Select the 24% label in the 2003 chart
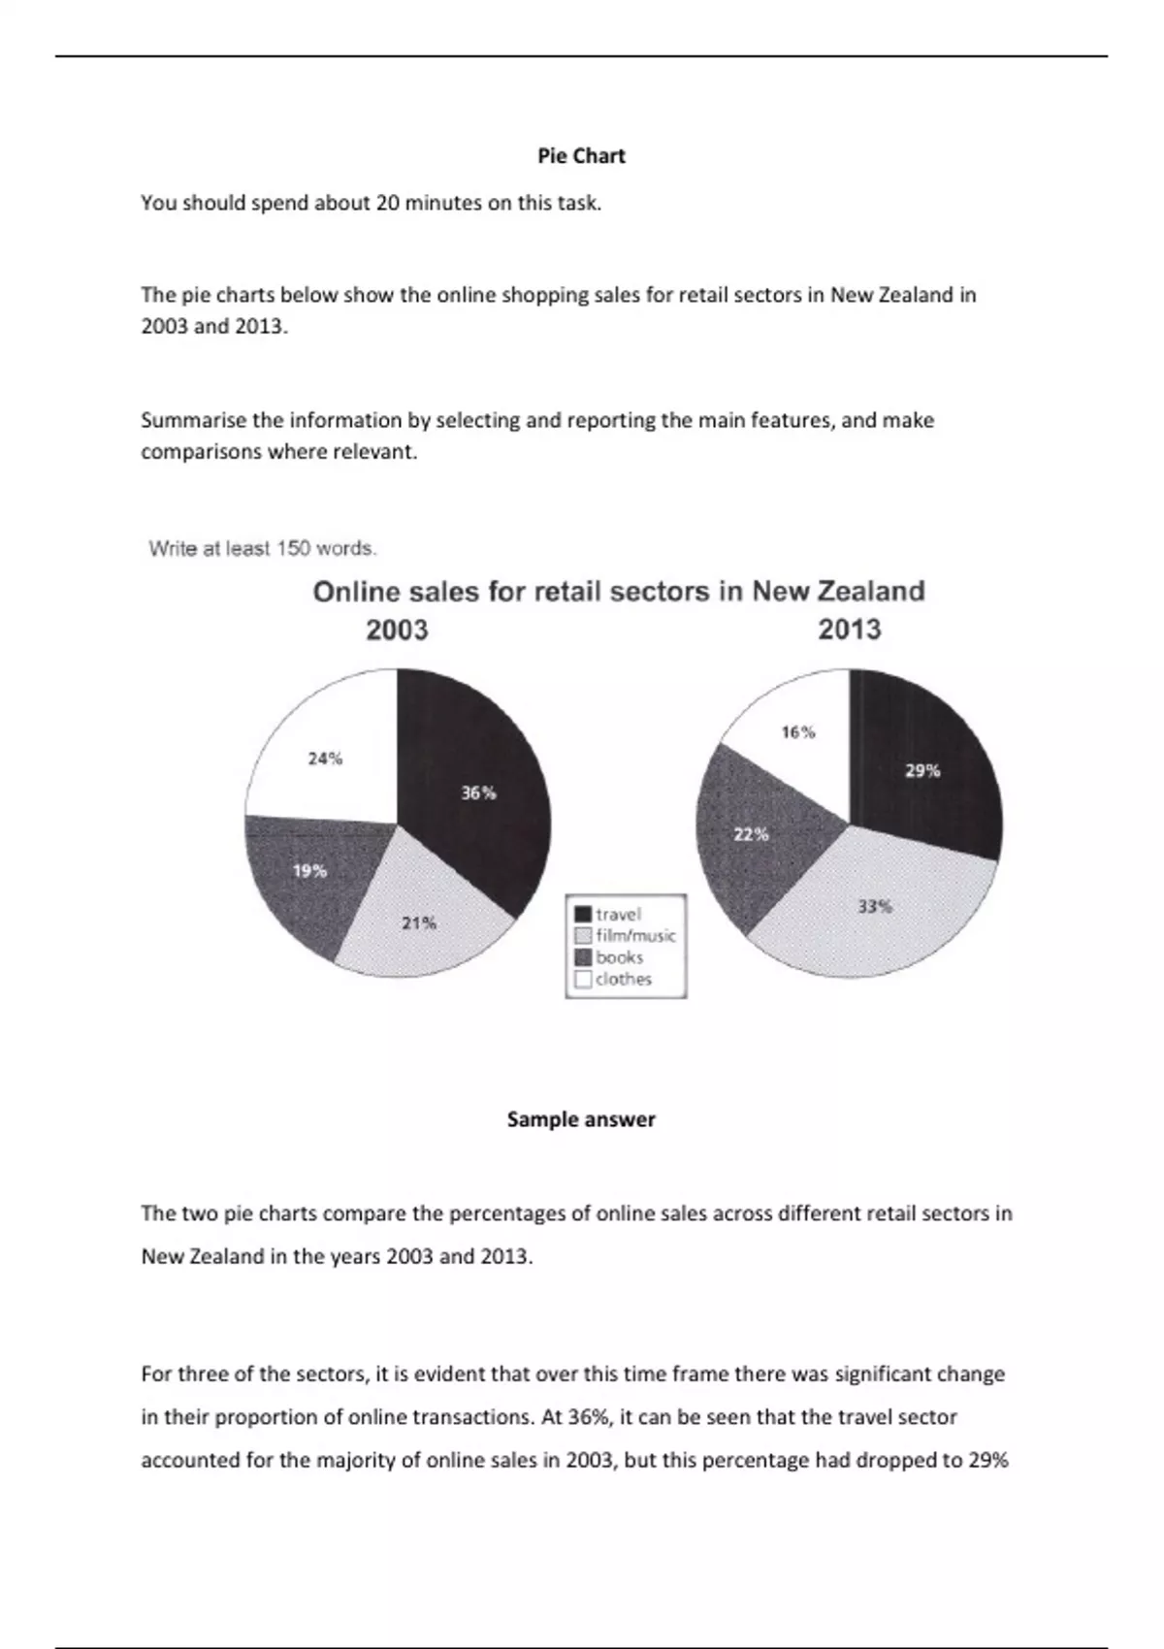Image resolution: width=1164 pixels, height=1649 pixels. pyautogui.click(x=325, y=759)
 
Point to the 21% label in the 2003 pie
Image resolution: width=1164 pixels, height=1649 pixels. pyautogui.click(x=419, y=923)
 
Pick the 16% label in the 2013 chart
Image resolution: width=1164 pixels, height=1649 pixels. pyautogui.click(x=798, y=732)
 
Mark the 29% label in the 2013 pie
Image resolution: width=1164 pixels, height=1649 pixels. pyautogui.click(x=922, y=771)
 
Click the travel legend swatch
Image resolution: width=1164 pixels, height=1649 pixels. pyautogui.click(x=584, y=915)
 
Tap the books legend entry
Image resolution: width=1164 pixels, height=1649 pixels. pyautogui.click(x=619, y=957)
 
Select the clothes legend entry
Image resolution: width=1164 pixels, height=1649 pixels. pyautogui.click(x=623, y=979)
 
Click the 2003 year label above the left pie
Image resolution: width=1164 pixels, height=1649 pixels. pyautogui.click(x=397, y=630)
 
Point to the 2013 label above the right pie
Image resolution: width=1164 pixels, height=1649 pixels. pyautogui.click(x=850, y=630)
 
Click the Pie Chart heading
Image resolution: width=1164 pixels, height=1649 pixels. pyautogui.click(x=581, y=156)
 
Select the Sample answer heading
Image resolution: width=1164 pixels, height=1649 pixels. pyautogui.click(x=581, y=1119)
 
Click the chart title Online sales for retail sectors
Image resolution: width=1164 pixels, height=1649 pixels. pyautogui.click(x=618, y=592)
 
